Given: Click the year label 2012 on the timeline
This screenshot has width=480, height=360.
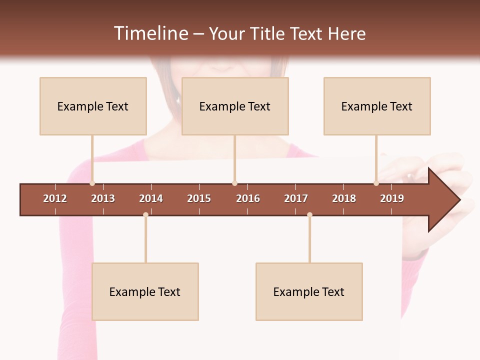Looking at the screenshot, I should (55, 198).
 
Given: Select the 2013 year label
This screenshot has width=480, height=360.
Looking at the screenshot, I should (103, 198).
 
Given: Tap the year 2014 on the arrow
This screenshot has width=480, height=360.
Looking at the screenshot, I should (151, 198).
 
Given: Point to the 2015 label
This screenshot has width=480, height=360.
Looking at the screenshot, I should (199, 198).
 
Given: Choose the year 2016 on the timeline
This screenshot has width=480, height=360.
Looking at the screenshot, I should (248, 198).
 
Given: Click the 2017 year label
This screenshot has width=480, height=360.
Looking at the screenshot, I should (296, 198).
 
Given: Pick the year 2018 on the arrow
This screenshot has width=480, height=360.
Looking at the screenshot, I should (344, 198).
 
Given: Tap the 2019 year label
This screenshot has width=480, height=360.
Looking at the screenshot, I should (392, 198).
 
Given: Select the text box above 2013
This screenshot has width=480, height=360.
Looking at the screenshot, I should (93, 106).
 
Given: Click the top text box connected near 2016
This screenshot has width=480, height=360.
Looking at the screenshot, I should (235, 106).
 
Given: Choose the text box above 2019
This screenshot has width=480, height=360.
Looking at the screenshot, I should (377, 106).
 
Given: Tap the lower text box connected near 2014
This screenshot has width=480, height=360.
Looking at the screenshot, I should (145, 291).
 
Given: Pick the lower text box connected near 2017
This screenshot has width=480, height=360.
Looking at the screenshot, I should (309, 291).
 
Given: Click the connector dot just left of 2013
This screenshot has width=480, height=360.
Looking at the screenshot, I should (92, 183).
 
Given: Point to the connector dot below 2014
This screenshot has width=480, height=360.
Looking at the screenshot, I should (145, 215).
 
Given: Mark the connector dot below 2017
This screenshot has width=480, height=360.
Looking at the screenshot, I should (309, 215).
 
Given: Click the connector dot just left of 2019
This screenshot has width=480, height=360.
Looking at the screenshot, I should (376, 183).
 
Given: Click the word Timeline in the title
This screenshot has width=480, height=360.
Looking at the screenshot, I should (150, 33).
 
